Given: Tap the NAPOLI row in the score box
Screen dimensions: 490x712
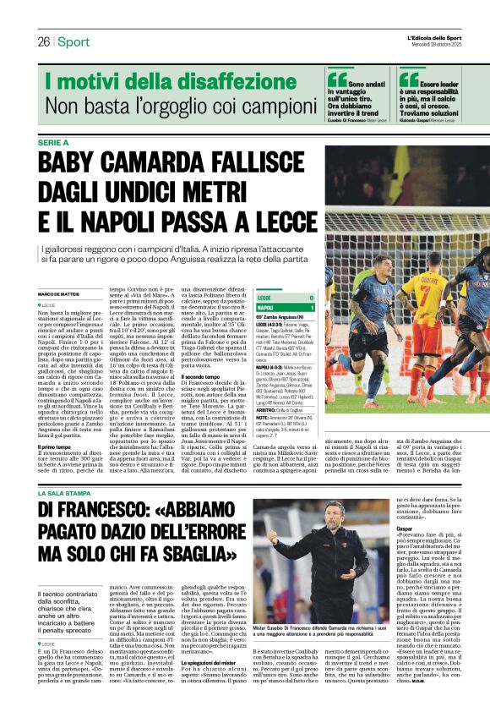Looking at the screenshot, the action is click(x=286, y=308).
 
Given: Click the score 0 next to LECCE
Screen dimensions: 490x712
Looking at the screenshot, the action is click(x=312, y=298).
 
